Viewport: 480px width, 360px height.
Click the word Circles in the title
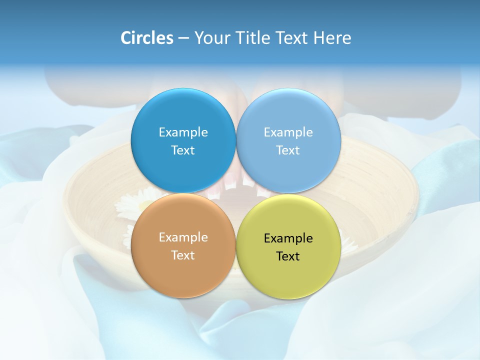tap(147, 38)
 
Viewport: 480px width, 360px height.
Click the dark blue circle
tap(183, 115)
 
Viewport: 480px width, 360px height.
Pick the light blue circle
tap(288, 115)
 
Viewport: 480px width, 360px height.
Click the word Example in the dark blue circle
tap(183, 132)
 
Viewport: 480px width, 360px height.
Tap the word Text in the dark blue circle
tap(183, 150)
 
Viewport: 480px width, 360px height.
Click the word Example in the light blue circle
tap(288, 132)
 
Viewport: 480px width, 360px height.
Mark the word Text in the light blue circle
tap(288, 150)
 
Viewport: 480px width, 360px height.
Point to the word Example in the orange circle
tap(183, 237)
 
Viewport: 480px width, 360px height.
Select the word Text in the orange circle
tap(183, 255)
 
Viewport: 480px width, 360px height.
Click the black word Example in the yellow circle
tap(288, 238)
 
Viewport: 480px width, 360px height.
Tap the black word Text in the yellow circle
tap(288, 256)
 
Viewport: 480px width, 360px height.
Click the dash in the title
tap(183, 38)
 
